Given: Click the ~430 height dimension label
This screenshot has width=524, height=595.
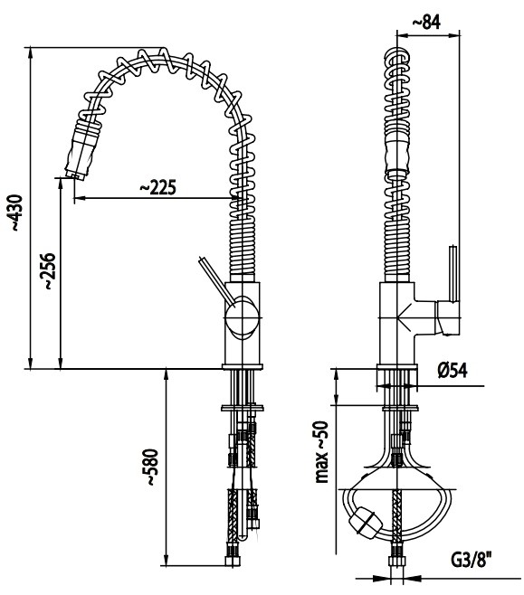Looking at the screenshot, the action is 16,212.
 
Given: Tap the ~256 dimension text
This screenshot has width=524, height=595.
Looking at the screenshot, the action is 49,271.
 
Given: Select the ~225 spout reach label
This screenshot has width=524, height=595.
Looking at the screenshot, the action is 158,187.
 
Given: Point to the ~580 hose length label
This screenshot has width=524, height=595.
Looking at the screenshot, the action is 150,467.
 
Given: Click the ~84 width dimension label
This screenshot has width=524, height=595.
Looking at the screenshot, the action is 426,23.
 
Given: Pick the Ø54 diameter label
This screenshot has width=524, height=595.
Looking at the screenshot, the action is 453,370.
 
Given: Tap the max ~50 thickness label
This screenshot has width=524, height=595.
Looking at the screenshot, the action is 322,451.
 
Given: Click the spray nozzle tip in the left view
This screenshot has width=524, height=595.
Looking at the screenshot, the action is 76,175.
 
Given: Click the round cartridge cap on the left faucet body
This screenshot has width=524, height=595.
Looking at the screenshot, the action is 242,316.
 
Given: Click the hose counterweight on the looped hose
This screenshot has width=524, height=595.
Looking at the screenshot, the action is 366,523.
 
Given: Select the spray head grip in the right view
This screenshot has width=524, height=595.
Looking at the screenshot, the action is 397,156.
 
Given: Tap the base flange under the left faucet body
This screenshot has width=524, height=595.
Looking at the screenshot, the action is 243,367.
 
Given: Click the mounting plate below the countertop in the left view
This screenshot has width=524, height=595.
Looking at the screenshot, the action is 243,408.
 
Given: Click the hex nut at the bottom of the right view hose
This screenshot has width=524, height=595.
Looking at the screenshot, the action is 397,562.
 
